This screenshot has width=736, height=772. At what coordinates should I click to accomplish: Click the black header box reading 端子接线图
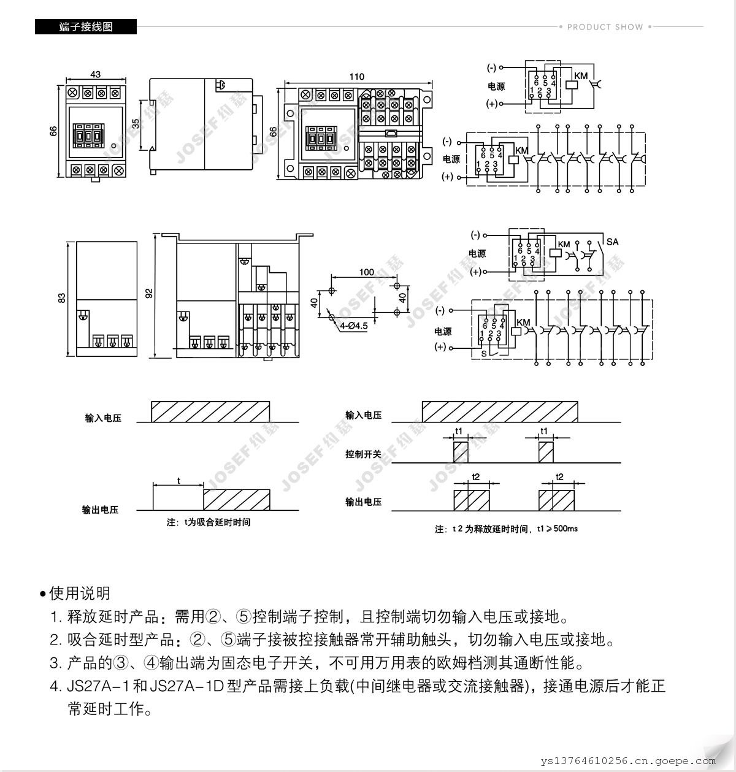tap(86, 27)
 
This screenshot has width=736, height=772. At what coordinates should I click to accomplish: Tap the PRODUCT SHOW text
tap(605, 27)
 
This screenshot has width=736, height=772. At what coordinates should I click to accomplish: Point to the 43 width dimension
tap(95, 75)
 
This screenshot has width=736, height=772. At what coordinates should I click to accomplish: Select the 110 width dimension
tap(356, 77)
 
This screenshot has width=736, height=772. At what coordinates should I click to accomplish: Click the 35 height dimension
tap(136, 124)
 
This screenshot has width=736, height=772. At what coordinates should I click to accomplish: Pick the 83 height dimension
tap(61, 298)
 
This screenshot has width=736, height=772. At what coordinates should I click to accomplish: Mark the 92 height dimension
tap(148, 294)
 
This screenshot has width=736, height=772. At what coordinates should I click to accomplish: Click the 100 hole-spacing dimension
tap(366, 272)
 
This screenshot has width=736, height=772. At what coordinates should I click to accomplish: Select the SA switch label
tap(612, 242)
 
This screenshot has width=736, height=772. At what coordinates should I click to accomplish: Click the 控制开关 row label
tap(363, 454)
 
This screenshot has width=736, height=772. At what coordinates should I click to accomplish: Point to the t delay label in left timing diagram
tap(178, 481)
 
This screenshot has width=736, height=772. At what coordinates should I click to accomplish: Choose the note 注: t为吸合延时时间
tap(209, 522)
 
